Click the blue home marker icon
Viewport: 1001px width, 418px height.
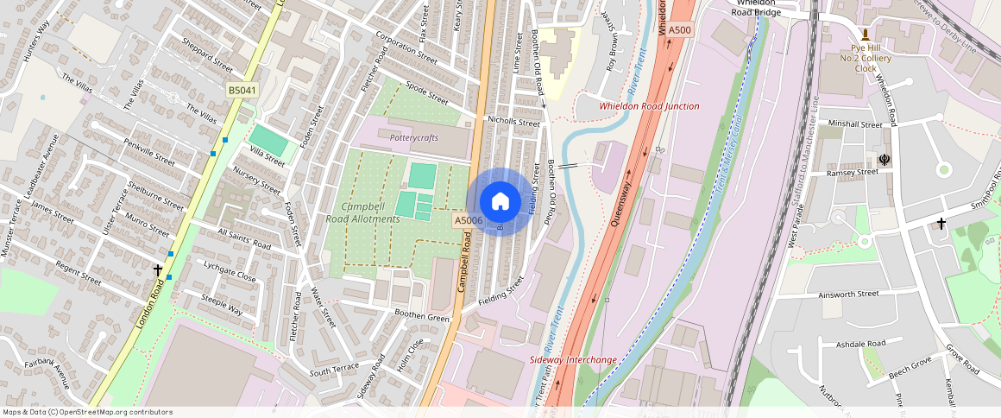[499, 202]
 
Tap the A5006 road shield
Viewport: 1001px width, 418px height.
[468, 221]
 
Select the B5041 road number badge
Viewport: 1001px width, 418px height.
[242, 91]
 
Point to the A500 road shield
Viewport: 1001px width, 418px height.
[680, 30]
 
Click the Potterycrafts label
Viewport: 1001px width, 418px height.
[414, 138]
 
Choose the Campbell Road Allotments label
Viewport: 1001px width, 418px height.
[362, 213]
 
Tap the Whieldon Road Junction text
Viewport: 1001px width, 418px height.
[649, 106]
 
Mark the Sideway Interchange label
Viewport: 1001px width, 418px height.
[572, 359]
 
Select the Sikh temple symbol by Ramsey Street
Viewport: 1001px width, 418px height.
[884, 159]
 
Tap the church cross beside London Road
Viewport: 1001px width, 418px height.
[158, 270]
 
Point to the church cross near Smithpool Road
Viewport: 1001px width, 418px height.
[941, 224]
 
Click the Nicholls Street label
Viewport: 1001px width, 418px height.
[513, 123]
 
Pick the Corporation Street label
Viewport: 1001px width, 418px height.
[406, 47]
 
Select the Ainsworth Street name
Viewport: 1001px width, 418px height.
[848, 294]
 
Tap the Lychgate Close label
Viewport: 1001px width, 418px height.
[230, 271]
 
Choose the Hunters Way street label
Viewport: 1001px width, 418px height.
[31, 38]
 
